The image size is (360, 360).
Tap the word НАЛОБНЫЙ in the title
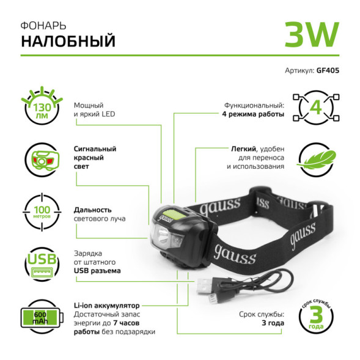click(x=68, y=42)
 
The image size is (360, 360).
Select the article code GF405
click(x=328, y=70)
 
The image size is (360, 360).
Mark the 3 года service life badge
click(x=317, y=317)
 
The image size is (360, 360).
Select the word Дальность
click(x=91, y=209)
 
